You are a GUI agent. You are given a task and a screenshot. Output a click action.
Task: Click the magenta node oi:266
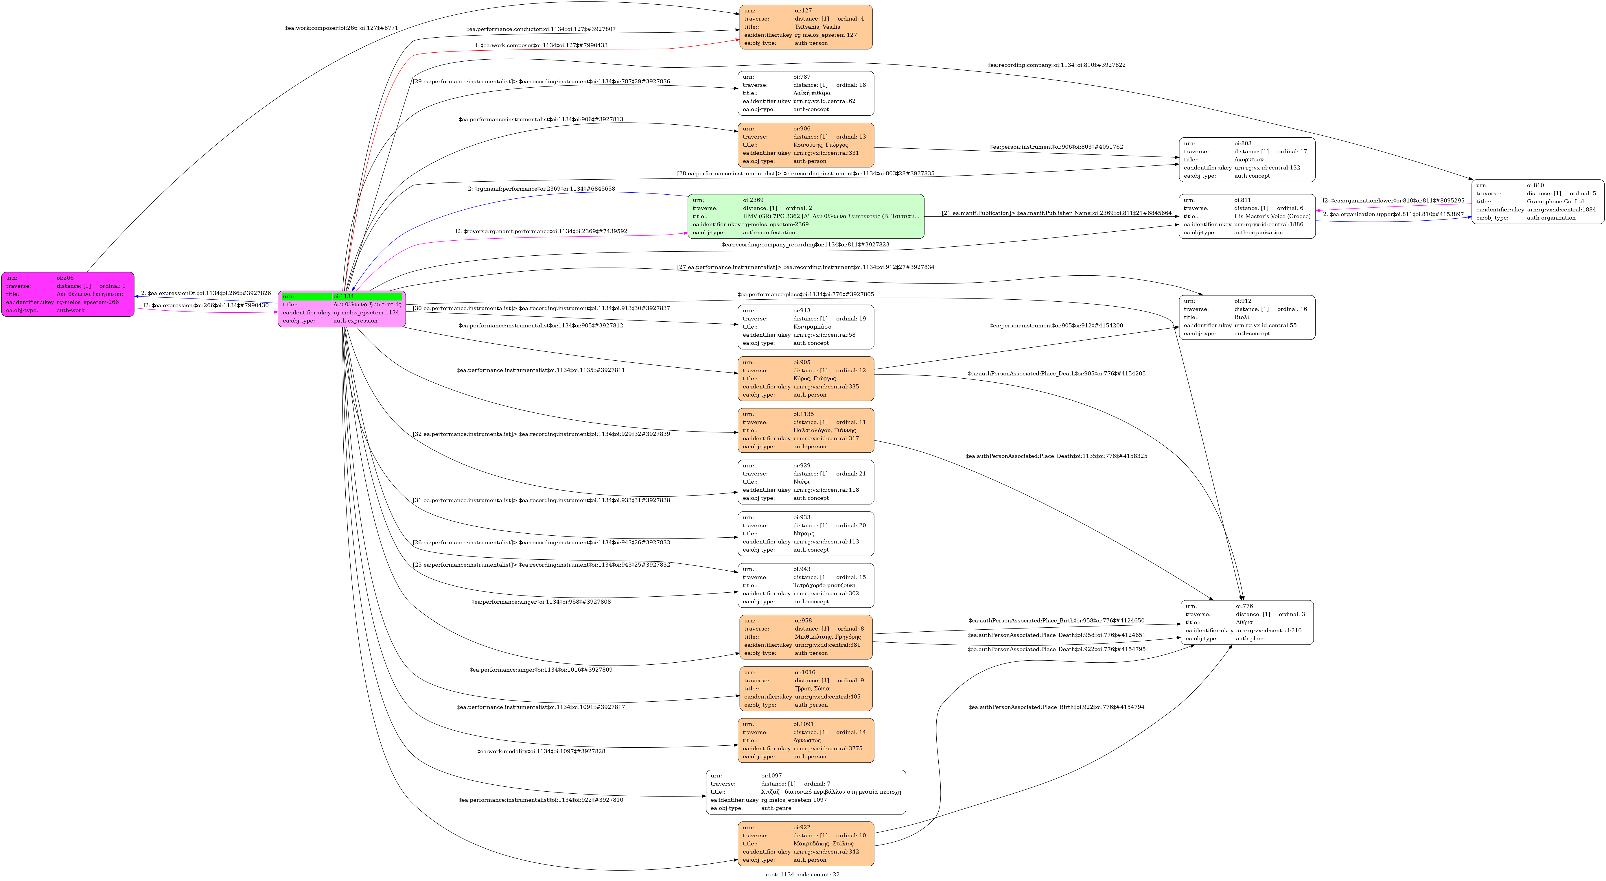[67, 294]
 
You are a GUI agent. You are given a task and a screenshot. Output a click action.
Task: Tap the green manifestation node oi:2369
[806, 216]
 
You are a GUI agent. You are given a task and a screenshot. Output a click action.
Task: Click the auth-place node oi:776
[1247, 622]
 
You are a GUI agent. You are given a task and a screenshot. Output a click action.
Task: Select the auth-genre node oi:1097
[806, 792]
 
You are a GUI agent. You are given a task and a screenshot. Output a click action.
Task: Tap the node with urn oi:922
[806, 844]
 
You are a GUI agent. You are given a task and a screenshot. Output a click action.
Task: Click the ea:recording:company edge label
[1056, 65]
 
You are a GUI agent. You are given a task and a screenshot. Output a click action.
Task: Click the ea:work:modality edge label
[541, 751]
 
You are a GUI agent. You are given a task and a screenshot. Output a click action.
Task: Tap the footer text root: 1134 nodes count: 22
[802, 874]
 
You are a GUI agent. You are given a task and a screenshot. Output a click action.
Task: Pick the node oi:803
[1247, 160]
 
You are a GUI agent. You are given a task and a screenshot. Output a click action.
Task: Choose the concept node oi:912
[1247, 317]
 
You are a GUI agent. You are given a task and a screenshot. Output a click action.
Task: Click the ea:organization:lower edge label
[1393, 201]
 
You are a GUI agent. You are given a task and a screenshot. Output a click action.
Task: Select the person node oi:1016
[806, 688]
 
